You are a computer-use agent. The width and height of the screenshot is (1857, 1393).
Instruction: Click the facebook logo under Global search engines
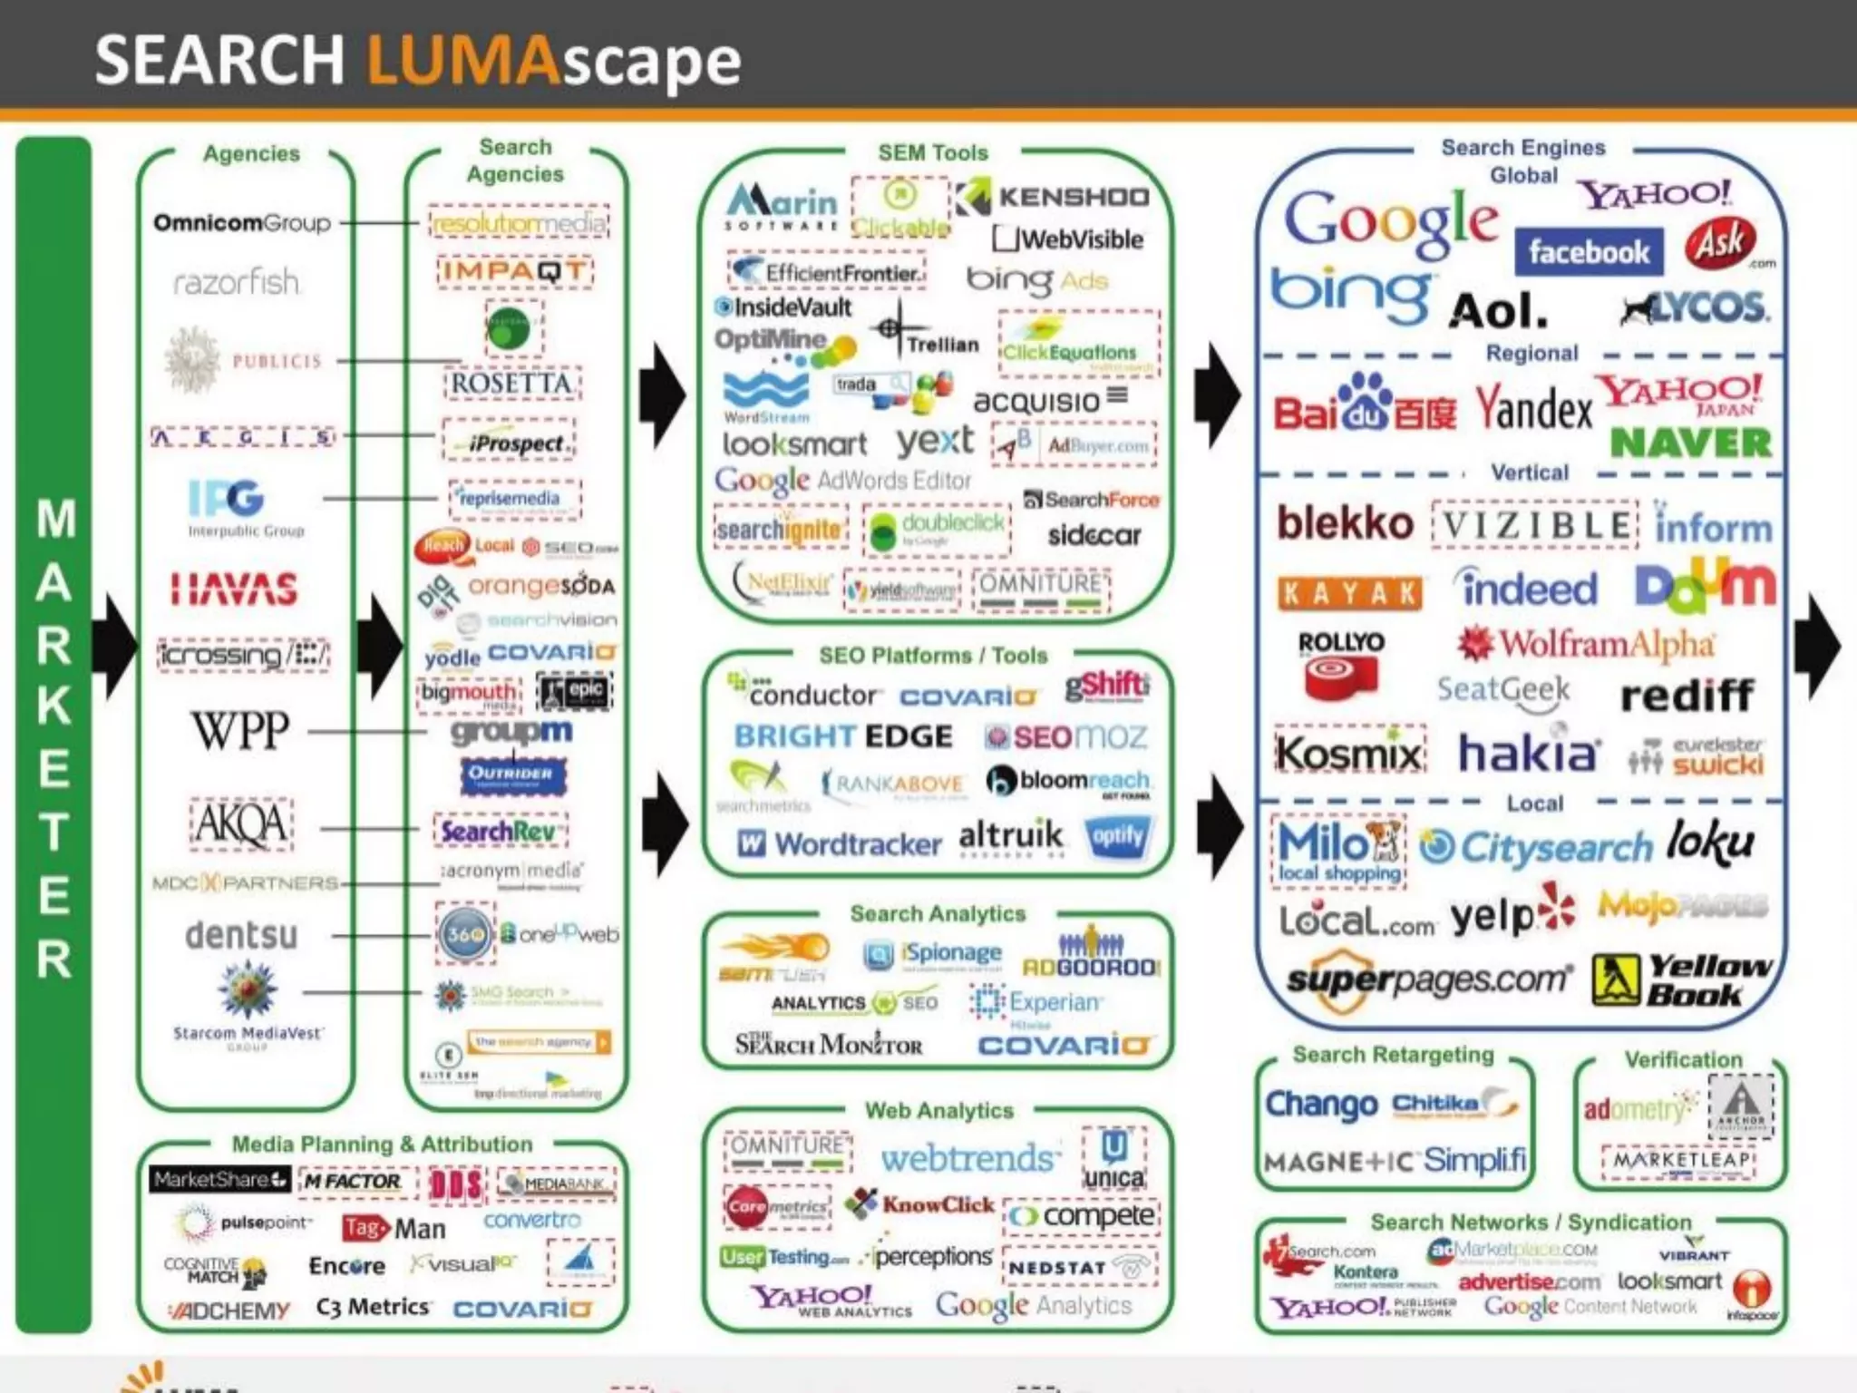coord(1589,251)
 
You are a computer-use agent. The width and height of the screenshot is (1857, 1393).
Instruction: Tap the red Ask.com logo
coord(1721,243)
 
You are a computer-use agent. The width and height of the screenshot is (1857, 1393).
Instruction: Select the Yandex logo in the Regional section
coord(1533,409)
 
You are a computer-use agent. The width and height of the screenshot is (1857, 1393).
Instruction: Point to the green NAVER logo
coord(1690,443)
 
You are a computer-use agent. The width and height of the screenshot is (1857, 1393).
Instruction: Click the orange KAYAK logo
coord(1349,593)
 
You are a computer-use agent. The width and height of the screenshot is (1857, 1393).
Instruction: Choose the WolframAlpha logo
coord(1586,644)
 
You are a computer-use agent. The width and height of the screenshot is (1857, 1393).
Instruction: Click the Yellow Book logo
coord(1682,979)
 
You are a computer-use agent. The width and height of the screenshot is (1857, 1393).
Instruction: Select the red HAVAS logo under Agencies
coord(234,589)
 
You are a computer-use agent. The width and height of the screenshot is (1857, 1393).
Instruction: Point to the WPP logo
coord(240,730)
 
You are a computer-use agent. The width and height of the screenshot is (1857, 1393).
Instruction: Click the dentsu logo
coord(241,935)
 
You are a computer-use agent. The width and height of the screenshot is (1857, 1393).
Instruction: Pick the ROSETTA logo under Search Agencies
coord(512,383)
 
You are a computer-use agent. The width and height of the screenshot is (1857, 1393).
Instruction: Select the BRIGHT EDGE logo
coord(843,735)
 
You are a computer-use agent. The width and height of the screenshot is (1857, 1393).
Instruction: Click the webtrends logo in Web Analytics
coord(969,1157)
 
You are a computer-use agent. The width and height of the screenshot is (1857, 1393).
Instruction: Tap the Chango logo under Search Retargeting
coord(1321,1104)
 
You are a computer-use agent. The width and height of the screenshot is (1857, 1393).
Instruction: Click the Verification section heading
coord(1683,1059)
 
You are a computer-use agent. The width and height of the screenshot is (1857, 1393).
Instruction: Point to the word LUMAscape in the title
coord(553,60)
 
